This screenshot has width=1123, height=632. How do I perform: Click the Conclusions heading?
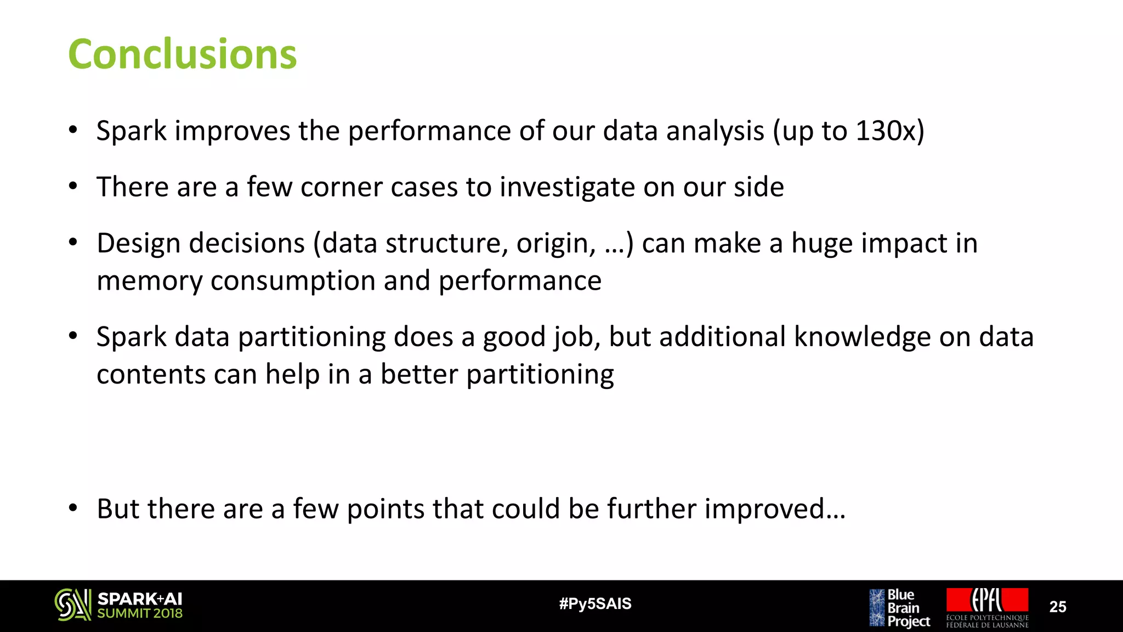click(182, 55)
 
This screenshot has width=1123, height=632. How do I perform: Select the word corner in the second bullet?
click(341, 187)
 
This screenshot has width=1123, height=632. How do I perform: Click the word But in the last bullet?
click(117, 509)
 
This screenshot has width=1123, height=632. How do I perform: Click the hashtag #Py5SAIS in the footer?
click(595, 604)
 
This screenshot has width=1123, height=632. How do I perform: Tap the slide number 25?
click(1057, 607)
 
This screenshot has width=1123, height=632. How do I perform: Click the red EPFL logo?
click(987, 601)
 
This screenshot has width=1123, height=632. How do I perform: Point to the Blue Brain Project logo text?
click(908, 608)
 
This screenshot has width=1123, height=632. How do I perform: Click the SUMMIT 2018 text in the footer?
click(139, 614)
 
